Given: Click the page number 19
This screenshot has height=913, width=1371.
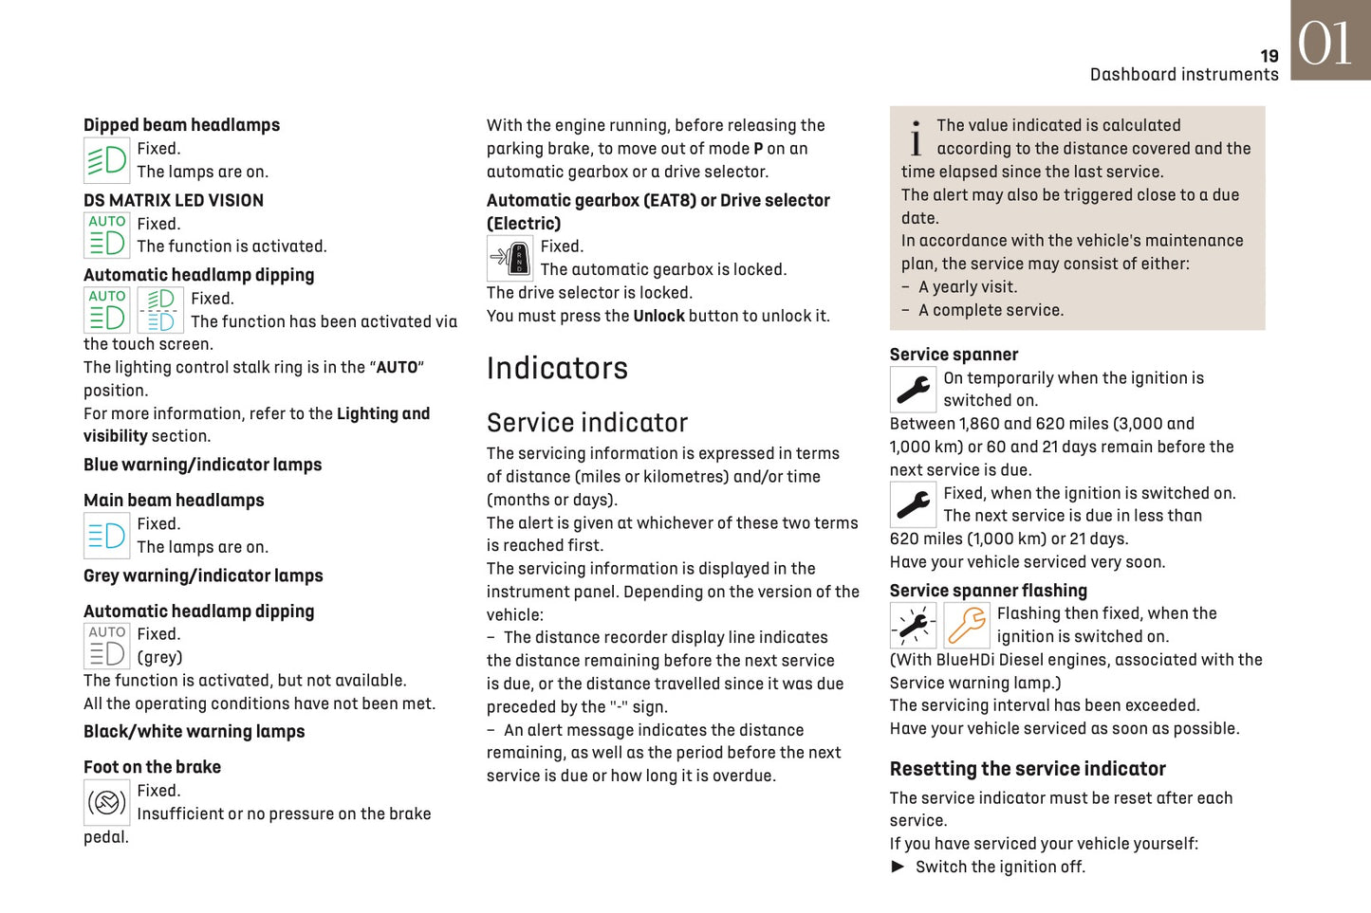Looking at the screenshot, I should click(1269, 56).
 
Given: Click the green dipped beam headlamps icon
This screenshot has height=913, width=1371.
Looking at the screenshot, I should click(106, 160).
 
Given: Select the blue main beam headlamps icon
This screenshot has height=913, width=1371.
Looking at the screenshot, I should click(106, 536).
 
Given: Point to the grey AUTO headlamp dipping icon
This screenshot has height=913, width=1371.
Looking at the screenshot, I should click(106, 646).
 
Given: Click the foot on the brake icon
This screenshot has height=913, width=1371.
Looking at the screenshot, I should click(106, 802).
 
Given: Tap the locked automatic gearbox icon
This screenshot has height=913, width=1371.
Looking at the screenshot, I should click(510, 258).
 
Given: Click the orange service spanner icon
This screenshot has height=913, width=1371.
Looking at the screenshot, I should click(967, 626).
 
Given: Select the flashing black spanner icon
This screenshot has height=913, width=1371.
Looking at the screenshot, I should click(913, 626).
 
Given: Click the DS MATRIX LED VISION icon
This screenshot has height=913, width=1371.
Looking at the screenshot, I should click(106, 234).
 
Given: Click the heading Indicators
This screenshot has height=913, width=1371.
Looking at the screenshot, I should click(557, 368).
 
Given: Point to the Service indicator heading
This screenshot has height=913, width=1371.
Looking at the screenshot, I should click(586, 423).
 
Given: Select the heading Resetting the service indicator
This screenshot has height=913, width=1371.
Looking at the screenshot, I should click(1028, 769).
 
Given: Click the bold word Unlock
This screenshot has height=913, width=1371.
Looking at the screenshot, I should click(658, 316).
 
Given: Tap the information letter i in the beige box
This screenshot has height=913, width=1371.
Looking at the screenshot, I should click(916, 138).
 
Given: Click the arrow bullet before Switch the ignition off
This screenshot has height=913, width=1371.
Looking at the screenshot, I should click(898, 867).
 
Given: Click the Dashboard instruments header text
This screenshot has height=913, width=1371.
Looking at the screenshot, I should click(1183, 75).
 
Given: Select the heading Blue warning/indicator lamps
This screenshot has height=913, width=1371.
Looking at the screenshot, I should click(202, 465).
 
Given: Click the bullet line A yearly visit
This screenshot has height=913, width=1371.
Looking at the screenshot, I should click(967, 287).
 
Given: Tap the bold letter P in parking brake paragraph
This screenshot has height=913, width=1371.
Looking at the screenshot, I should click(758, 149).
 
